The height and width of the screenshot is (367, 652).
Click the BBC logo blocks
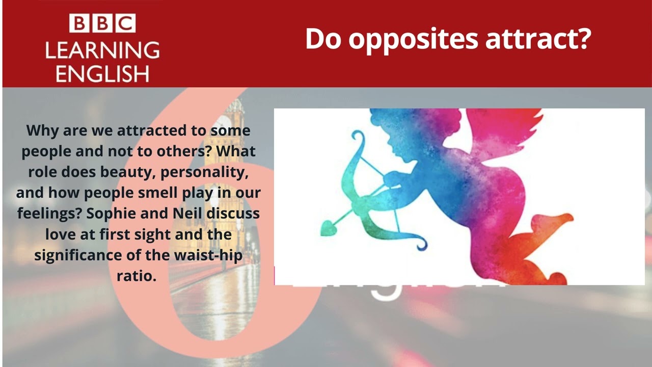click(102, 24)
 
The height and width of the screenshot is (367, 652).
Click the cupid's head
click(402, 135)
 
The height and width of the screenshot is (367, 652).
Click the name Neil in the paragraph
click(187, 213)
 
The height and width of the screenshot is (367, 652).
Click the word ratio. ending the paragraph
click(136, 275)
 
